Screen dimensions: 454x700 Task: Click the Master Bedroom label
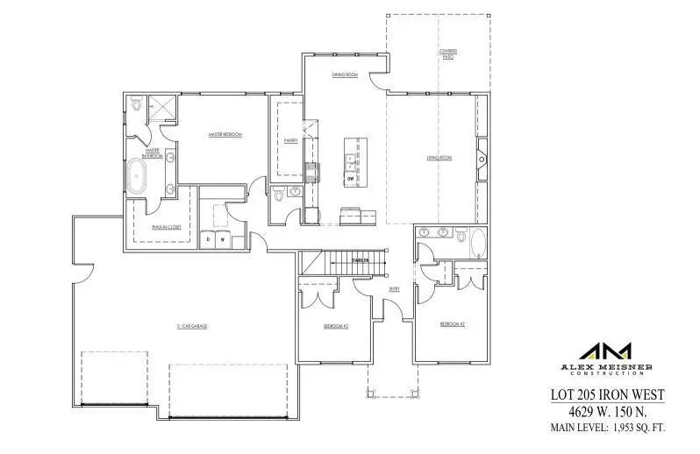[x=225, y=135]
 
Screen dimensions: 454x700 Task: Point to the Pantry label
[x=291, y=139]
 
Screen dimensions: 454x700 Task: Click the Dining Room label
[x=344, y=75]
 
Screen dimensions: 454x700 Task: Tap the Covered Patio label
[x=447, y=53]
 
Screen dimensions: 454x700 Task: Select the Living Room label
[x=439, y=158]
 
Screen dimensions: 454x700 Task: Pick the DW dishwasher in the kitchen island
[x=351, y=178]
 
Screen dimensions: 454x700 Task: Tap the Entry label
[x=395, y=288]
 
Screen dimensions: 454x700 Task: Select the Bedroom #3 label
[x=335, y=326]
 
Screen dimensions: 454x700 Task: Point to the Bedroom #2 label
[x=451, y=324]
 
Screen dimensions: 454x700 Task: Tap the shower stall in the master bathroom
[x=165, y=108]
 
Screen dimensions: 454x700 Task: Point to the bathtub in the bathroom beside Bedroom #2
[x=478, y=242]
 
